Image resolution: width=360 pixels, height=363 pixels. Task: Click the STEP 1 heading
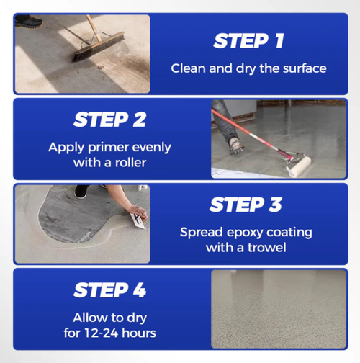pos(248,41)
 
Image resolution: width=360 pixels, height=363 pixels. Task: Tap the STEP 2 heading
pos(110,119)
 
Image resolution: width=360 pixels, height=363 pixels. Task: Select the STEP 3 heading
pos(246,205)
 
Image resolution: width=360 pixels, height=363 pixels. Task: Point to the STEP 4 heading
pos(110,290)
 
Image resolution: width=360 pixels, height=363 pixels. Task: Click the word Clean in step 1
pos(186,69)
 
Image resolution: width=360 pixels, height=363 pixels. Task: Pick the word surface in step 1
pos(302,69)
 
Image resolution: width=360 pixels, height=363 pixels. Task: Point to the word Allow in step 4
pos(90,318)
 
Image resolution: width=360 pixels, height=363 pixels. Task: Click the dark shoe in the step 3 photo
pos(81,192)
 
